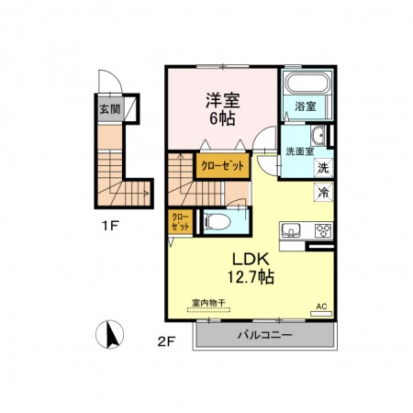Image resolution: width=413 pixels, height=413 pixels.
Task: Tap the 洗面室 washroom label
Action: click(299, 151)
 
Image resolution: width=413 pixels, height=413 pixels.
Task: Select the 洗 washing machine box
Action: click(323, 168)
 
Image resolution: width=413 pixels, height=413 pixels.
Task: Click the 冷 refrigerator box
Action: click(323, 193)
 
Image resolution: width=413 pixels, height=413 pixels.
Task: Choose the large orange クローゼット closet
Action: click(222, 167)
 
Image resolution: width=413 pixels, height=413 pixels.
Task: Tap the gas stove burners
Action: click(322, 229)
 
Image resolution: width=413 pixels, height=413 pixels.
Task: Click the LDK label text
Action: click(249, 257)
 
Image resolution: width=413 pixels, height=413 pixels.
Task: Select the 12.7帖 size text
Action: click(249, 275)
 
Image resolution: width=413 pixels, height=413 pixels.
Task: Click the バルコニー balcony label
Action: click(265, 335)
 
